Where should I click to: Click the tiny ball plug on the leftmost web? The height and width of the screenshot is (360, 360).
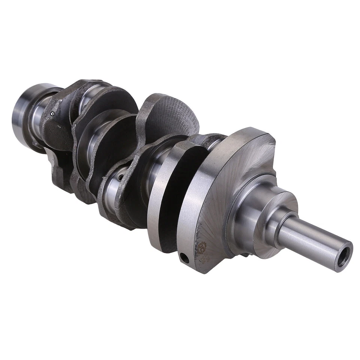pyautogui.click(x=53, y=113)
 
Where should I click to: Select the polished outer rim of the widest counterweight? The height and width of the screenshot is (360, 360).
pyautogui.click(x=189, y=210)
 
